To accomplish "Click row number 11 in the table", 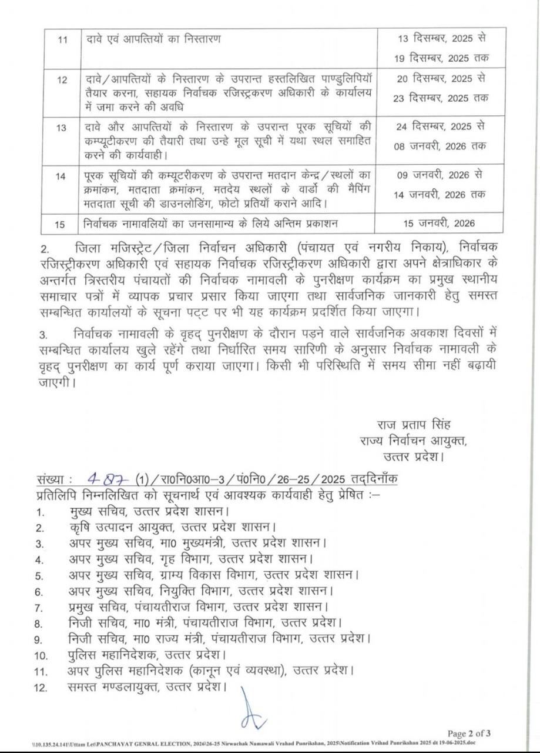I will pos(62,40).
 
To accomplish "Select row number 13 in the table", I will pos(61,128).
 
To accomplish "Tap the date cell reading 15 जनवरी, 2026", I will pos(441,223).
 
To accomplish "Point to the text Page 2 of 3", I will pos(469,733).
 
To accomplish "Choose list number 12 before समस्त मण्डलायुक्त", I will pos(41,688).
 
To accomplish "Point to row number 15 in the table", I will pos(62,224).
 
